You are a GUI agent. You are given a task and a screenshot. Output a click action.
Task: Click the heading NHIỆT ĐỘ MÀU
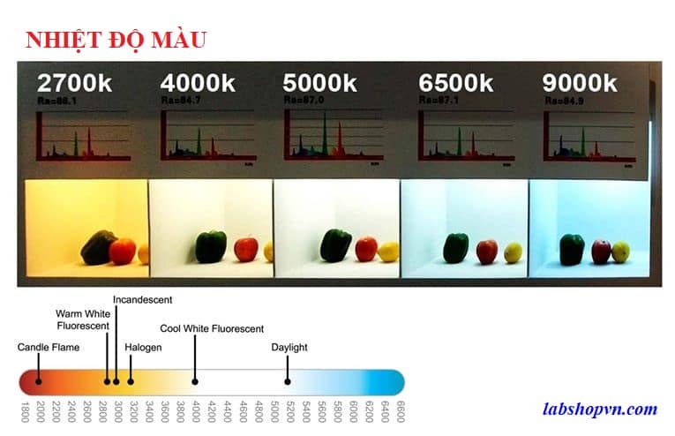(116, 40)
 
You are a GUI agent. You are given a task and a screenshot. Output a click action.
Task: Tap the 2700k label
(74, 84)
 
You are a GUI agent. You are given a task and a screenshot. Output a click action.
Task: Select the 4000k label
(198, 84)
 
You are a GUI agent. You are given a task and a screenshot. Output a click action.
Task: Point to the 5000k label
(320, 84)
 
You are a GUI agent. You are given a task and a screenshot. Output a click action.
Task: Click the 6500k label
(455, 84)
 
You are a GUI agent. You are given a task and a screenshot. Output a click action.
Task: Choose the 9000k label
(580, 84)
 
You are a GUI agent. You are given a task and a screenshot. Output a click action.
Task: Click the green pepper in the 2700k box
(96, 248)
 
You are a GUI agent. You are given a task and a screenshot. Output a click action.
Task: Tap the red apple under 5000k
(365, 249)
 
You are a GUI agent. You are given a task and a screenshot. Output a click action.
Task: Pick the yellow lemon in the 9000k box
(621, 252)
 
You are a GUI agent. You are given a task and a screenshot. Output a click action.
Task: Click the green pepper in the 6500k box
(455, 248)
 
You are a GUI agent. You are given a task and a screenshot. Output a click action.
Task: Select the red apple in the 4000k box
(246, 248)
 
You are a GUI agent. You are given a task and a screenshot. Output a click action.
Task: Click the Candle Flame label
(49, 347)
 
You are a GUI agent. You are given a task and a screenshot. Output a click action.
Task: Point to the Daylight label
(289, 347)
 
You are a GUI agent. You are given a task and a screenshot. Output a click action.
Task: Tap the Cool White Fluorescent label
(212, 328)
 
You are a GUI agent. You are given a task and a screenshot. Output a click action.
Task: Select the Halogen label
(143, 347)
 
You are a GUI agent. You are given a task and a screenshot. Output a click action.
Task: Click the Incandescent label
(142, 300)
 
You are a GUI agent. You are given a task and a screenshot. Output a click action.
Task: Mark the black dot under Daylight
(288, 381)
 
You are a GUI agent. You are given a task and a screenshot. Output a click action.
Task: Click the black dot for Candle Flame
(39, 381)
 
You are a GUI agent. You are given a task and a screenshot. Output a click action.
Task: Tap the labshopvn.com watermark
(600, 409)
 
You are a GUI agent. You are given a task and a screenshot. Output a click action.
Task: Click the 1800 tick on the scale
(25, 412)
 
